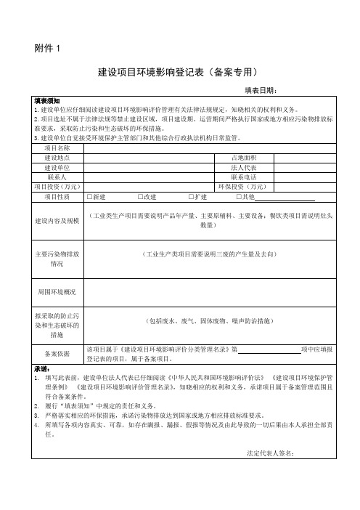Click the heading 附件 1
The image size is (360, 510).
click(48, 49)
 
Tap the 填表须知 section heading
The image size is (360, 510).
click(47, 100)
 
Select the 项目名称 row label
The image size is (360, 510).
click(57, 148)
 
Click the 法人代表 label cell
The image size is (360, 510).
click(242, 167)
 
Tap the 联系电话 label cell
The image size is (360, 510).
click(242, 177)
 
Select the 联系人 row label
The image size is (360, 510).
click(57, 177)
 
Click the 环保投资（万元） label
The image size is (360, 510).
click(242, 186)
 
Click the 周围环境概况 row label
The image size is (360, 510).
click(57, 291)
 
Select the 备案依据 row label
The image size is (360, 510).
click(57, 354)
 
